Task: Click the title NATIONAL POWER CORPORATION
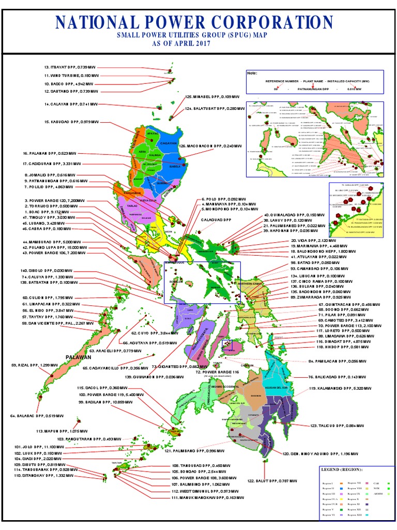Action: coord(194,23)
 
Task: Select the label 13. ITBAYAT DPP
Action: coord(70,67)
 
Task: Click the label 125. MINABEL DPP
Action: coord(212,97)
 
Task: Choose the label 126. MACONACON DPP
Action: coord(210,146)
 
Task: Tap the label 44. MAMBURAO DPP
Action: coord(50,242)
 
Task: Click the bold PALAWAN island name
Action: coord(78,357)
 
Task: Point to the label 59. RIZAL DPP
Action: coord(34,365)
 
